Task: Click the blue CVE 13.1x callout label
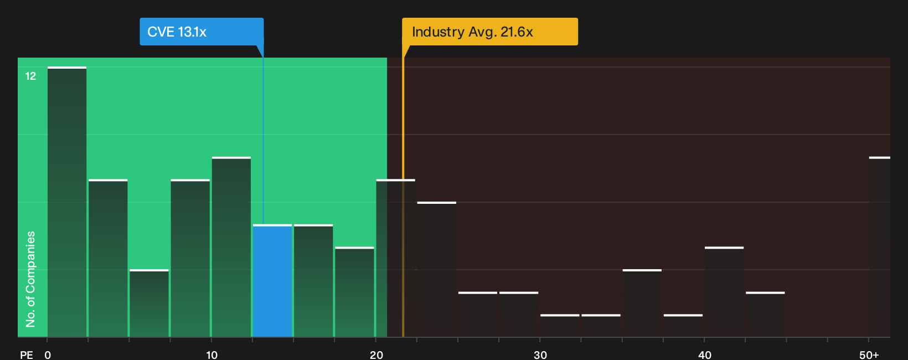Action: [202, 32]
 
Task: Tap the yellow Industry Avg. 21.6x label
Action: [489, 32]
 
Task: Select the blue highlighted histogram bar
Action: [272, 281]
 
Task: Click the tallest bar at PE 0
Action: [67, 202]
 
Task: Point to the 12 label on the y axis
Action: [31, 76]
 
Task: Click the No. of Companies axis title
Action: [30, 279]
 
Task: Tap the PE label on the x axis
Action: [27, 355]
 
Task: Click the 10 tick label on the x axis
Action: [211, 355]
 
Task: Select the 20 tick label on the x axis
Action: [376, 355]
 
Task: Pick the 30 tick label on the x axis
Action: [540, 355]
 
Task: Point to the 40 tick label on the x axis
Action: [705, 355]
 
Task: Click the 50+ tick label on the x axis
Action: [869, 355]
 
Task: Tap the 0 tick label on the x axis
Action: [48, 355]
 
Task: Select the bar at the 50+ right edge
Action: [880, 247]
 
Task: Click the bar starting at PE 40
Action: [724, 292]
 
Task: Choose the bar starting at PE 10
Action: [231, 247]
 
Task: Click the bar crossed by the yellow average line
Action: [396, 258]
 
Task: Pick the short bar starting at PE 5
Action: [149, 304]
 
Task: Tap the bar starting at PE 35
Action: [642, 304]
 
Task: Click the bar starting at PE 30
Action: [560, 326]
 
